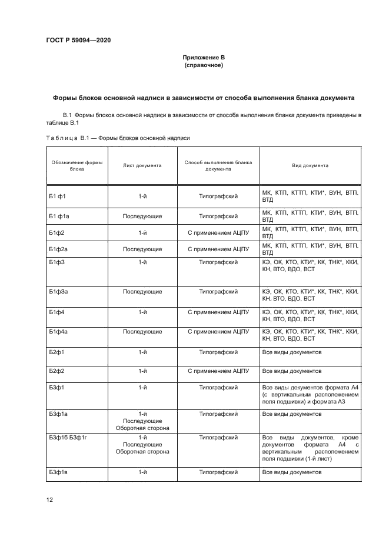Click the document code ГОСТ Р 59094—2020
coord(78,40)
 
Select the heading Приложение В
coord(203,58)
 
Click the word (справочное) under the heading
coord(203,65)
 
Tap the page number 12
coord(49,499)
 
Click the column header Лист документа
coord(142,165)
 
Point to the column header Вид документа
coord(310,165)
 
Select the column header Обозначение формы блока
coord(77,165)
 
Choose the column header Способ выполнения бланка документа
coord(218,165)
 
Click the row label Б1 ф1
coord(57,193)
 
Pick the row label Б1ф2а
coord(59,249)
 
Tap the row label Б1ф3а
coord(59,291)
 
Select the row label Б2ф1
coord(57,352)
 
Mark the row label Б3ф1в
coord(58,472)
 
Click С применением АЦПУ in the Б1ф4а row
coord(218,331)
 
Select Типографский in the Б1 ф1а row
coord(218,216)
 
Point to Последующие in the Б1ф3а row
coord(142,291)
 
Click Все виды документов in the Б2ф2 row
coord(292,371)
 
